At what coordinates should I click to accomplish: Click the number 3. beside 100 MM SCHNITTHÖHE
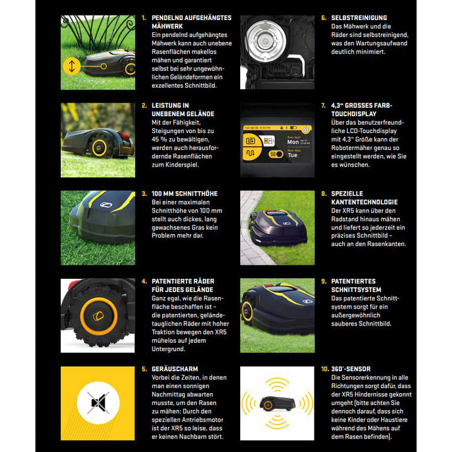coord(144,194)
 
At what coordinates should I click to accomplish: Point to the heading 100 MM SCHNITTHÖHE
coord(184,194)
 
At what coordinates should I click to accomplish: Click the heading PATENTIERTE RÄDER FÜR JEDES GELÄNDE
coord(181,285)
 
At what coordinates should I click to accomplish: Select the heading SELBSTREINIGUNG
coord(359,17)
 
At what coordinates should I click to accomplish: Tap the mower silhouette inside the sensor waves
coord(277,404)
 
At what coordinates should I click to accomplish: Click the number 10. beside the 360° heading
coord(325,369)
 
